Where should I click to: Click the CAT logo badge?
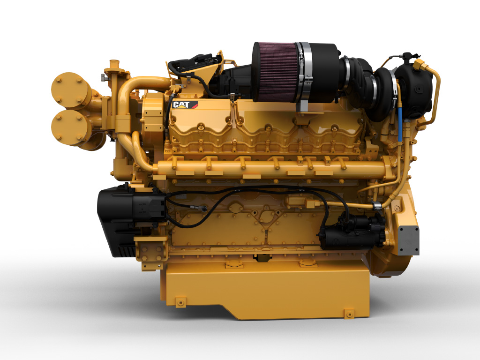[185, 105]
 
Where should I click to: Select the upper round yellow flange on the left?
[69, 90]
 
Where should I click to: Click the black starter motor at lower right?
[352, 231]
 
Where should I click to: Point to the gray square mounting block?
[408, 240]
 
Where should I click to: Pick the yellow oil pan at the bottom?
[265, 291]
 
